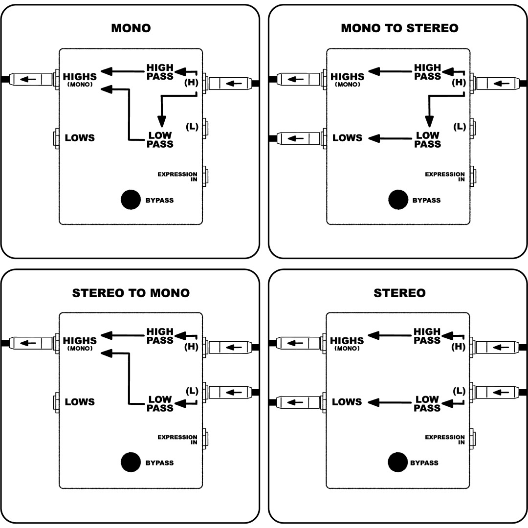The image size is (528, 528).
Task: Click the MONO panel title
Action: point(131,28)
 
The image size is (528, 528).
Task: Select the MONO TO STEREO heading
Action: point(399,28)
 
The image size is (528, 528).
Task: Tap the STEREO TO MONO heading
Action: point(131,293)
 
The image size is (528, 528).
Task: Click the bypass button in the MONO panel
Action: point(131,200)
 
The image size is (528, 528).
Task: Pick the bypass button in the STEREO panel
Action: point(398,462)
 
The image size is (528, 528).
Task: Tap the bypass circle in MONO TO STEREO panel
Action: point(398,200)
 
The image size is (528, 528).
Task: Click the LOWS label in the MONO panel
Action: point(80,138)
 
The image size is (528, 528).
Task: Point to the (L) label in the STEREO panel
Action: point(459,391)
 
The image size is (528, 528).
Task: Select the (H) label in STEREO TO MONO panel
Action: point(191,348)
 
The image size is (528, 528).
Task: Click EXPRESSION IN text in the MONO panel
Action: point(177,176)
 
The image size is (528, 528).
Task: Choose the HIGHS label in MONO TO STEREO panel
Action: point(347,77)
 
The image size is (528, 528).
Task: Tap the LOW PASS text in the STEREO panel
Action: point(427,403)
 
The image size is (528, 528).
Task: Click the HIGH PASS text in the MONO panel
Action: point(160,72)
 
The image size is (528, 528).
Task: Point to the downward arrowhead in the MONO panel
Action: point(162,121)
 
